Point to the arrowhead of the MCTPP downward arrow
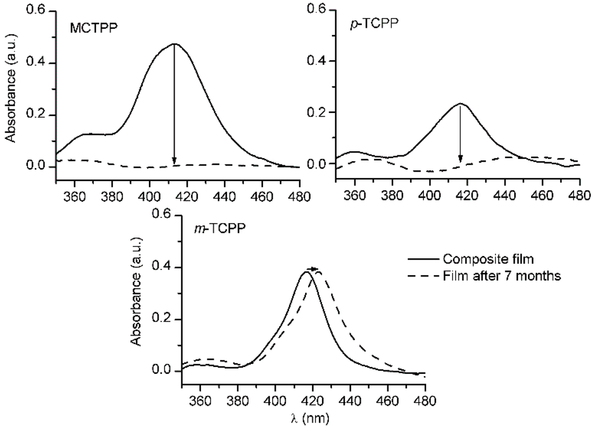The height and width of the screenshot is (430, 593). pyautogui.click(x=174, y=161)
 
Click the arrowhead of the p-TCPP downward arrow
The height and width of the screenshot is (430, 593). pyautogui.click(x=460, y=159)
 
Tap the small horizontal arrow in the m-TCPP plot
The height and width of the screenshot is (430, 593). pyautogui.click(x=314, y=269)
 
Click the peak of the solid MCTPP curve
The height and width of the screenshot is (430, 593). pyautogui.click(x=174, y=44)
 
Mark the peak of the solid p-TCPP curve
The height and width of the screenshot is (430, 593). pyautogui.click(x=460, y=104)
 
